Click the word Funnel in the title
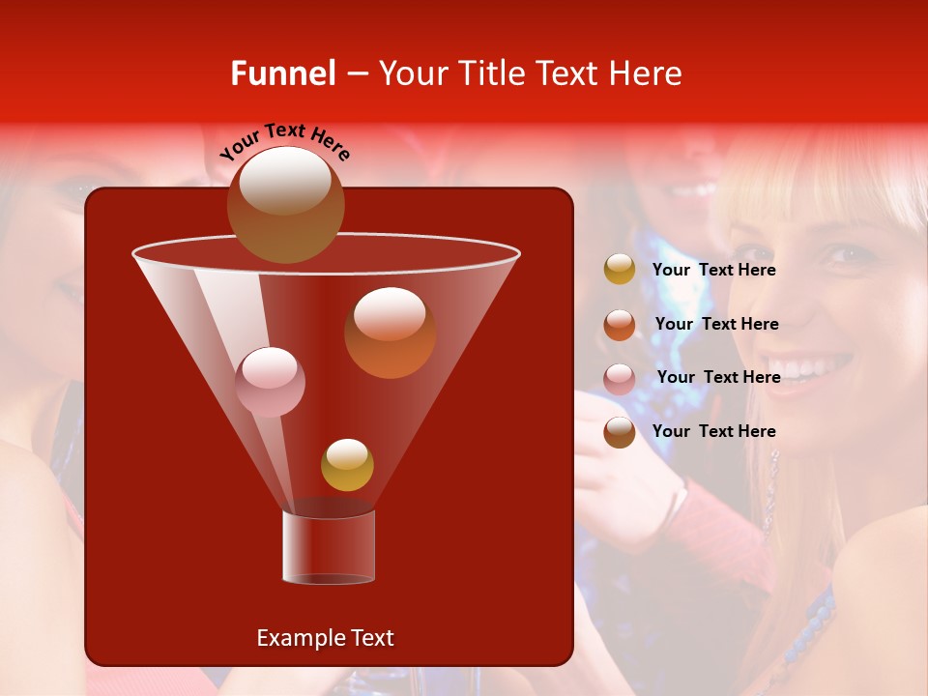(282, 73)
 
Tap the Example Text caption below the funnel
(325, 638)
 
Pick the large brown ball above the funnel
(285, 204)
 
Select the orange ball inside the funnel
(390, 333)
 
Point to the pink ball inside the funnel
(270, 382)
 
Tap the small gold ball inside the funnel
(347, 465)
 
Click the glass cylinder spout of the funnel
(329, 546)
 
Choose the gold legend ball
(620, 270)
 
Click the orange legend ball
(620, 325)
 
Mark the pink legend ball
(620, 379)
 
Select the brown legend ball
(620, 432)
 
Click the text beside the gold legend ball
(714, 271)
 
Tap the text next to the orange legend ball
(716, 325)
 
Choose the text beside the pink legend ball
(718, 378)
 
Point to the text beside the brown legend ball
(714, 431)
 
